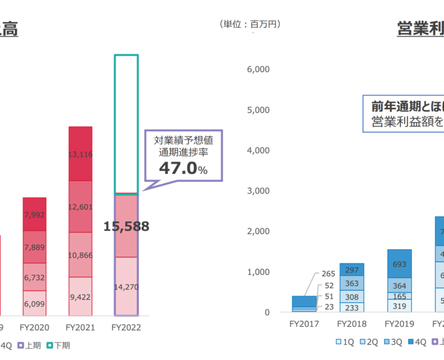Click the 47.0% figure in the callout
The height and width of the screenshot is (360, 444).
(183, 169)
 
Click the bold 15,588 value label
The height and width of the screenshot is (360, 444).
(126, 226)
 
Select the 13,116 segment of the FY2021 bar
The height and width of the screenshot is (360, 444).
(80, 154)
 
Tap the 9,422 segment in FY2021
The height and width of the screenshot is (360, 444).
(80, 296)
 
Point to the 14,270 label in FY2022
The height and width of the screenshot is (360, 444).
(126, 287)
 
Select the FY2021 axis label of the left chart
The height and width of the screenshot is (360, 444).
(80, 328)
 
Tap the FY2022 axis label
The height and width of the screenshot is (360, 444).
(126, 328)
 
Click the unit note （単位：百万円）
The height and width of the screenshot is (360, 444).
(251, 25)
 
